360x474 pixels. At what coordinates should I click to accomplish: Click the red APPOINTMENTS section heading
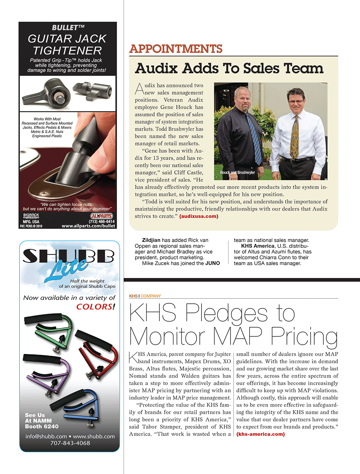(x=176, y=49)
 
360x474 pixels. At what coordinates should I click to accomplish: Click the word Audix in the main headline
(x=156, y=68)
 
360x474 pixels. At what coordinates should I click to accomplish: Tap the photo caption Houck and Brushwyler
(x=237, y=173)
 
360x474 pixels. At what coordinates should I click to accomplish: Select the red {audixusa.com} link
(x=199, y=217)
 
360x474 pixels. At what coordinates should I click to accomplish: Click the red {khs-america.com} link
(x=260, y=434)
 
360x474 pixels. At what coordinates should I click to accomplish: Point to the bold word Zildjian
(x=151, y=240)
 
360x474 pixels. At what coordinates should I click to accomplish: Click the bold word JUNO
(x=212, y=263)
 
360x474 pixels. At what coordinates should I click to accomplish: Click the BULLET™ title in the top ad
(x=68, y=28)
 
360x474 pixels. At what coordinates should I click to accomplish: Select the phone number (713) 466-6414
(x=102, y=222)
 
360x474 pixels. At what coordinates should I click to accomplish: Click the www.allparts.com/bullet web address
(x=88, y=226)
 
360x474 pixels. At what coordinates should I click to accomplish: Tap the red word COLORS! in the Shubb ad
(x=96, y=307)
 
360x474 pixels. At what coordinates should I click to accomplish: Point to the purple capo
(x=47, y=374)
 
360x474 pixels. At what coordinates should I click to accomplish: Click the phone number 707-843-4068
(x=70, y=443)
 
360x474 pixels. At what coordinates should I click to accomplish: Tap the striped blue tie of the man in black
(x=255, y=137)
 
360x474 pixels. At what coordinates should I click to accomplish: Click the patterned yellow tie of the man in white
(x=294, y=137)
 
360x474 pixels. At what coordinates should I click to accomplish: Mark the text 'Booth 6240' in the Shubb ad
(x=42, y=427)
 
